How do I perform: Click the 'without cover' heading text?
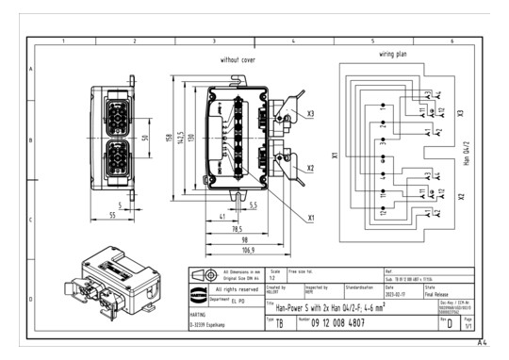coord(238,59)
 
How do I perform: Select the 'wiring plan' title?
coord(393,55)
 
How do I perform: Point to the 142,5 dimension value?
coord(179,138)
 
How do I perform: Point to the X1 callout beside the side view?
coord(310,217)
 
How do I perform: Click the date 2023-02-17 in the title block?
coord(397,294)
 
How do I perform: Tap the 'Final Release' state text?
coord(438,294)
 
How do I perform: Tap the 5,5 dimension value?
coord(254,205)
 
